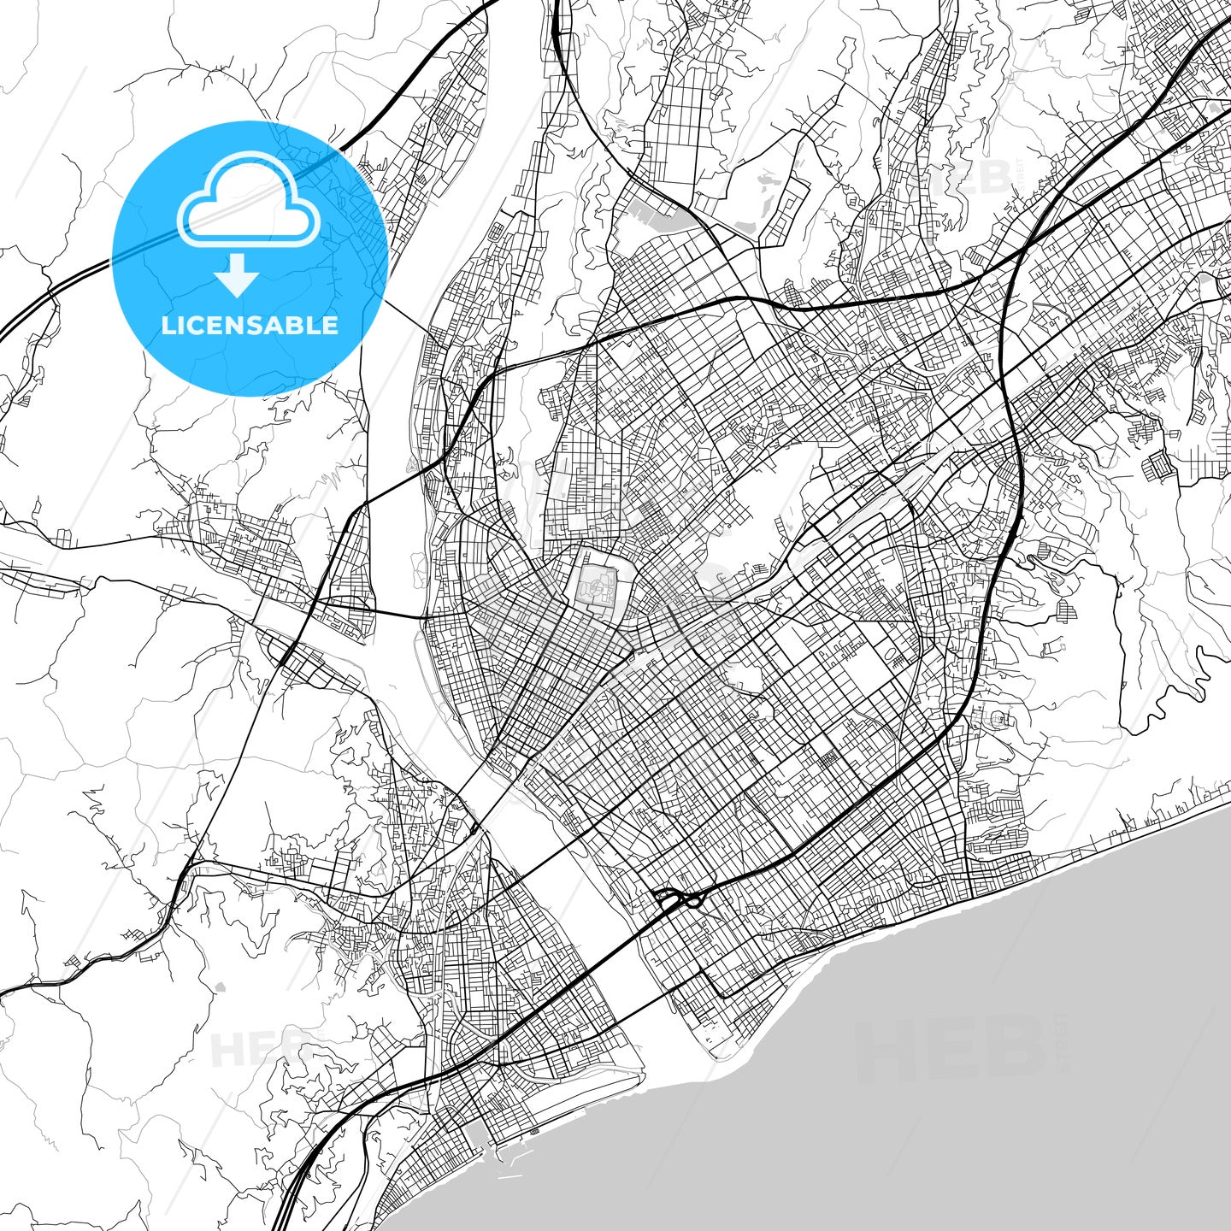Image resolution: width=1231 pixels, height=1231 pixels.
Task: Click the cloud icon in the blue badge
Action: click(249, 199)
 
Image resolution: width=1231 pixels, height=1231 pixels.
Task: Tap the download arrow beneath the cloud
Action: click(238, 276)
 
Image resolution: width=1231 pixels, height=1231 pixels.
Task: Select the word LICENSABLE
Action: click(250, 325)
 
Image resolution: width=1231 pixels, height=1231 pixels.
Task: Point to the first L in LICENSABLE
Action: click(167, 325)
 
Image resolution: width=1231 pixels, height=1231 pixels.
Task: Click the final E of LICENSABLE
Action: click(330, 325)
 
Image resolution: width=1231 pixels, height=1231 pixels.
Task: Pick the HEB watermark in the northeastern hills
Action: click(957, 180)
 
